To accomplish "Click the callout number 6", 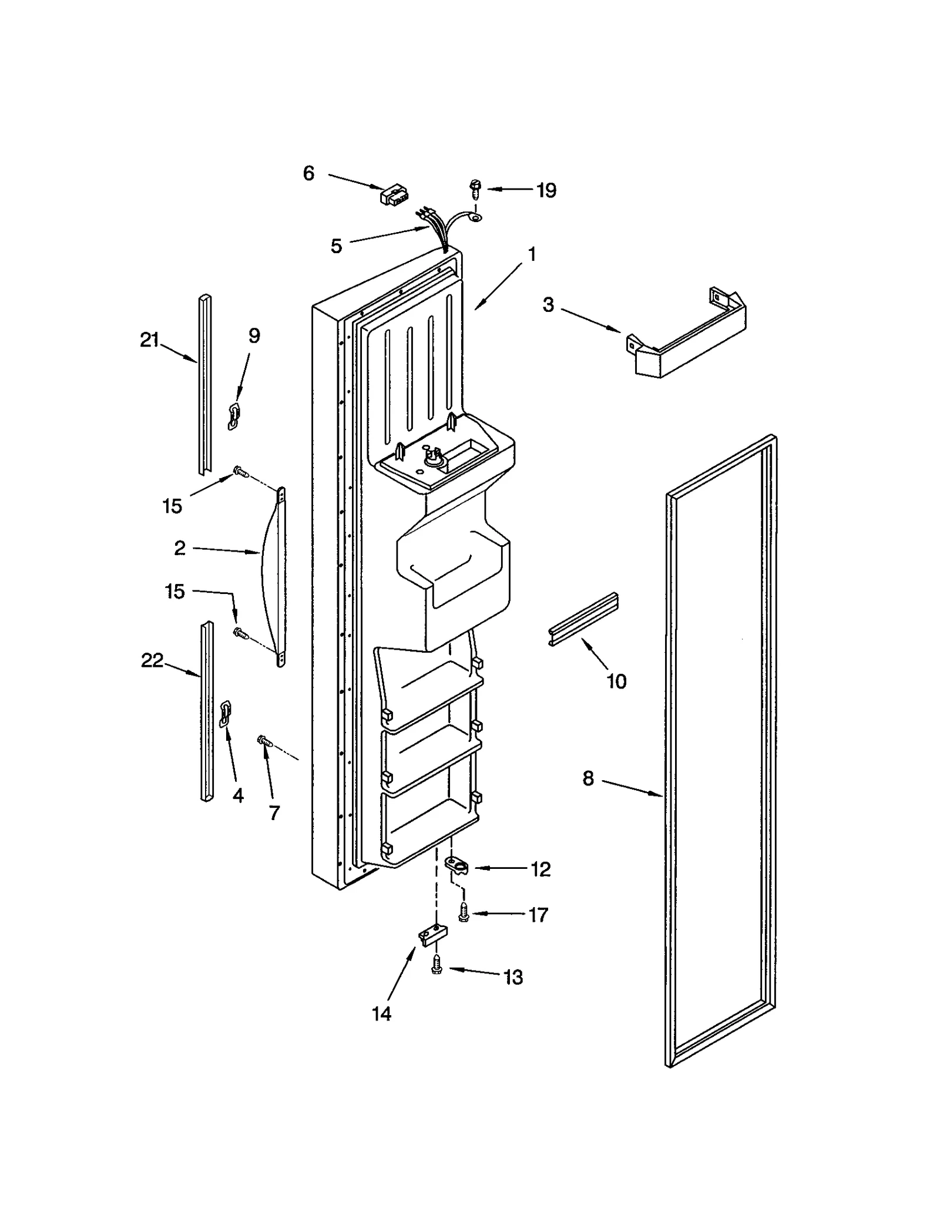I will click(308, 173).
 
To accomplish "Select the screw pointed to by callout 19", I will click(474, 189).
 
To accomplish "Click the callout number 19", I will click(546, 190).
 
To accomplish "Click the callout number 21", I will click(150, 340).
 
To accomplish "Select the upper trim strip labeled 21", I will click(204, 385).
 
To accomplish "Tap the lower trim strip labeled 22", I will click(206, 711).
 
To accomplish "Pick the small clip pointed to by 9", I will click(234, 416).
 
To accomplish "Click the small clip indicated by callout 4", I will click(225, 713).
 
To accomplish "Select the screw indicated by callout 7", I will click(264, 741).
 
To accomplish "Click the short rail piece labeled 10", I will click(583, 619).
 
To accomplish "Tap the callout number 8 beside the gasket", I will click(588, 778).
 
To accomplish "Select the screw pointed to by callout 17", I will click(464, 913).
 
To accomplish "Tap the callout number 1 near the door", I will click(532, 254).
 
